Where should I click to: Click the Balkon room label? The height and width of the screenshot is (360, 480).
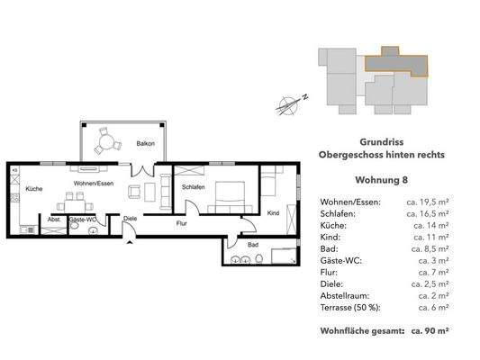pos(146,144)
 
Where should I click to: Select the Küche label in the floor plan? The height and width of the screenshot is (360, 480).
pos(34,189)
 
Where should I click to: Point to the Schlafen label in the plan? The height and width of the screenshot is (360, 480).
pos(195,186)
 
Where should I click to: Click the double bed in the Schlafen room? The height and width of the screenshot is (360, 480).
pos(227,195)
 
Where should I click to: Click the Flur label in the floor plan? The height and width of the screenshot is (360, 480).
pos(181,222)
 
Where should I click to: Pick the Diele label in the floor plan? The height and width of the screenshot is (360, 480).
pos(131,218)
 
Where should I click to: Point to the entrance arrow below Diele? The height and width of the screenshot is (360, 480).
pos(131,238)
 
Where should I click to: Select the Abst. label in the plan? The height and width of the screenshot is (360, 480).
pos(53,218)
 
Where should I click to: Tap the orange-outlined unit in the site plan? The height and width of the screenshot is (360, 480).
pos(396,63)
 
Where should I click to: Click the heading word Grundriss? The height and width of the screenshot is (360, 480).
pos(381,141)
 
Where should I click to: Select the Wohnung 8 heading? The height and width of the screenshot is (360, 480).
pos(381,178)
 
